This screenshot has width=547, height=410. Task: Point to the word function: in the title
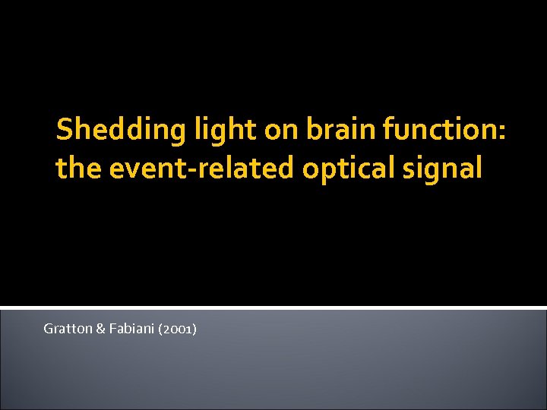click(x=444, y=130)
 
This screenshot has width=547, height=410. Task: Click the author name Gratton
click(x=66, y=329)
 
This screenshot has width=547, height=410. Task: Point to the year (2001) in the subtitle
click(x=177, y=329)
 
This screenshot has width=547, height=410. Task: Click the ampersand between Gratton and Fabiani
click(x=99, y=329)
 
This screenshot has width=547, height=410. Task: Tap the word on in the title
click(x=281, y=131)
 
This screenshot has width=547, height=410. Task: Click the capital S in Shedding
click(x=65, y=130)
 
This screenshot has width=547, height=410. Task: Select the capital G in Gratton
click(x=48, y=329)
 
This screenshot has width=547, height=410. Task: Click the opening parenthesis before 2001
click(x=160, y=329)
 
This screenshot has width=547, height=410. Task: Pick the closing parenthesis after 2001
click(x=195, y=329)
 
